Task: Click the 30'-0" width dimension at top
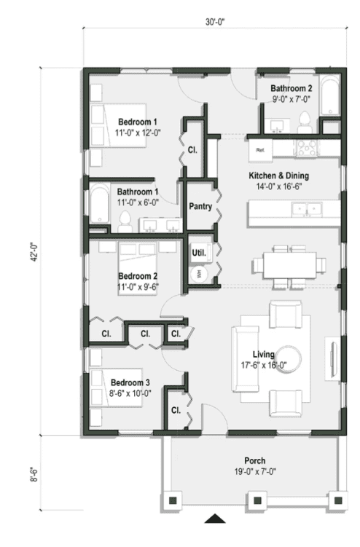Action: pos(214,22)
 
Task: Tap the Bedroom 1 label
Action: pos(137,122)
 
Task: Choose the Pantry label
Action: pos(200,207)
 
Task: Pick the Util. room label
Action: pos(198,253)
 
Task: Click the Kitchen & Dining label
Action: pos(279,176)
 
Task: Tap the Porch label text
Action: pos(255,461)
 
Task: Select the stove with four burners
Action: pos(307,149)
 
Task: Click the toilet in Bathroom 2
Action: pos(305,122)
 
